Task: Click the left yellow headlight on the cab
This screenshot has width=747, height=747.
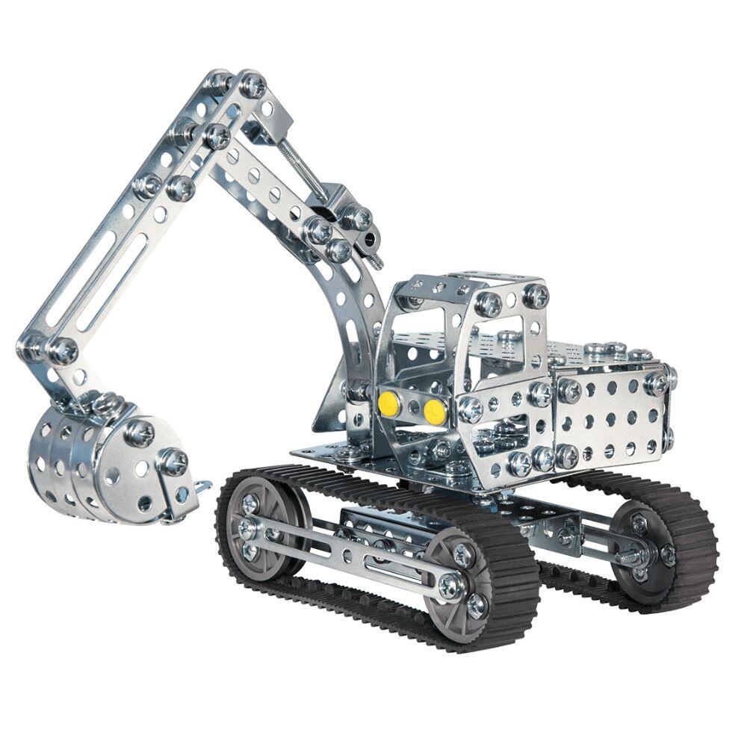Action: (388, 404)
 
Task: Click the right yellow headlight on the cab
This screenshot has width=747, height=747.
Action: (434, 410)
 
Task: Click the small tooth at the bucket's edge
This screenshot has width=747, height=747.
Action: (200, 487)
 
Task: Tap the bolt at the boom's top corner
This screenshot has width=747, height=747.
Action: (252, 84)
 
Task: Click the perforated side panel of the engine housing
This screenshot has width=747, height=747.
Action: (609, 418)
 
